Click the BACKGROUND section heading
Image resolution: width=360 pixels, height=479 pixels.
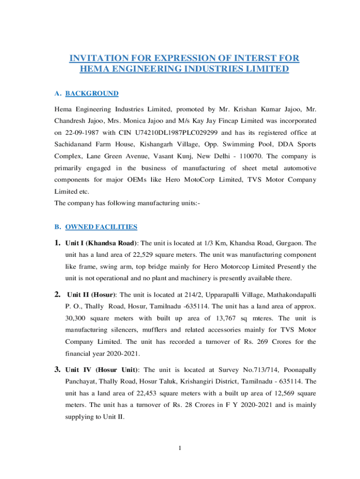(92, 94)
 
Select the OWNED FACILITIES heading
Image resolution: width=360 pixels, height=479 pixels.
(101, 227)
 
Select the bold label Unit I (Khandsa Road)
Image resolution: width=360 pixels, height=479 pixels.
(101, 243)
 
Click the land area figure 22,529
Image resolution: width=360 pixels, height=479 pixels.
(140, 255)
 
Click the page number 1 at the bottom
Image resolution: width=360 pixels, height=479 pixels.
(180, 449)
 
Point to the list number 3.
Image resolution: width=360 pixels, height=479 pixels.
(58, 369)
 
